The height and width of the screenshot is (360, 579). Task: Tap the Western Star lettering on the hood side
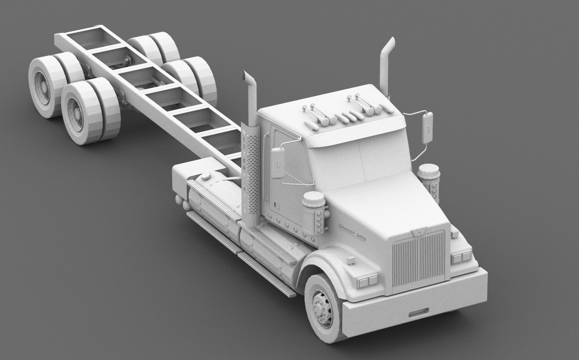coord(354,230)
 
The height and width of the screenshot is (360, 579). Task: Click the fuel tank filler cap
coord(206,176)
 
